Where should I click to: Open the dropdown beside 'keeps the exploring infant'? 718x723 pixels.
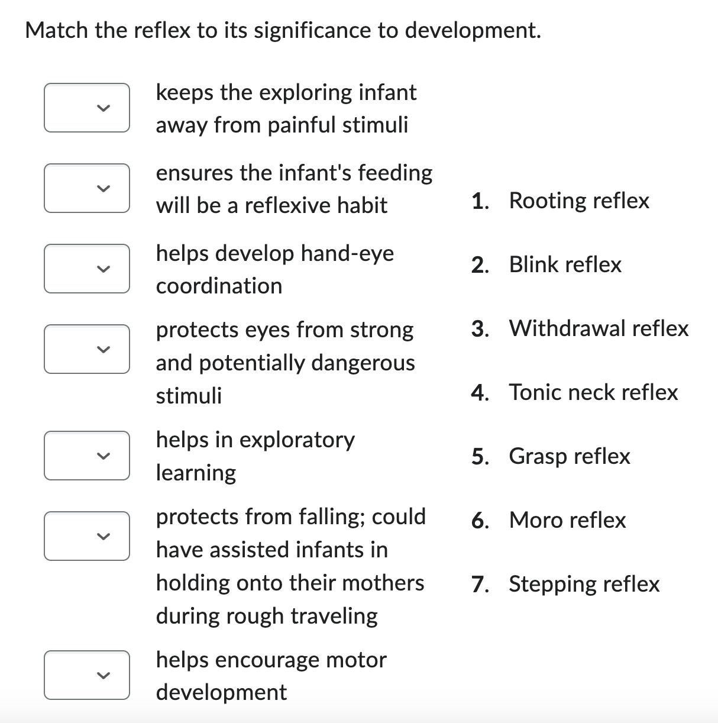[x=87, y=108]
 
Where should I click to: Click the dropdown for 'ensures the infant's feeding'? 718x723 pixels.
[x=87, y=188]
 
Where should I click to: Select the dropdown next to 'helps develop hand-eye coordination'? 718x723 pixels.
[x=87, y=269]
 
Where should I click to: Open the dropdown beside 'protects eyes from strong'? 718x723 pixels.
[x=87, y=349]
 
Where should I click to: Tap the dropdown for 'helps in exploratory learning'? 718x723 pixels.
[x=87, y=456]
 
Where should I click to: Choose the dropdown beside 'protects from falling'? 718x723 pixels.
[x=87, y=536]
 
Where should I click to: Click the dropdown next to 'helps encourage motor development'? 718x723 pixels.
[x=87, y=675]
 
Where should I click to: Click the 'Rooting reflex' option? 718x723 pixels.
[x=578, y=201]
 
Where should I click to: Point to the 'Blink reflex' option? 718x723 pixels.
[x=565, y=264]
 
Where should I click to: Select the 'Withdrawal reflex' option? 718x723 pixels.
[x=599, y=328]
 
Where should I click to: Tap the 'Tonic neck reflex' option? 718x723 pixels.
[x=593, y=392]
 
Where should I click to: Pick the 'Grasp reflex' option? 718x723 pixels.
[x=570, y=456]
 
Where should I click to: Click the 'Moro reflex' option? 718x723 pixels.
[x=567, y=520]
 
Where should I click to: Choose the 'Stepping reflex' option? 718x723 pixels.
[x=584, y=584]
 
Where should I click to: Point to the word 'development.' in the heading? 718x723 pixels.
[x=473, y=30]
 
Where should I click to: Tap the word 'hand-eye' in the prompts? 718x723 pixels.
[x=347, y=253]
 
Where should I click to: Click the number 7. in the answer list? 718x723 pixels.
[x=480, y=584]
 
